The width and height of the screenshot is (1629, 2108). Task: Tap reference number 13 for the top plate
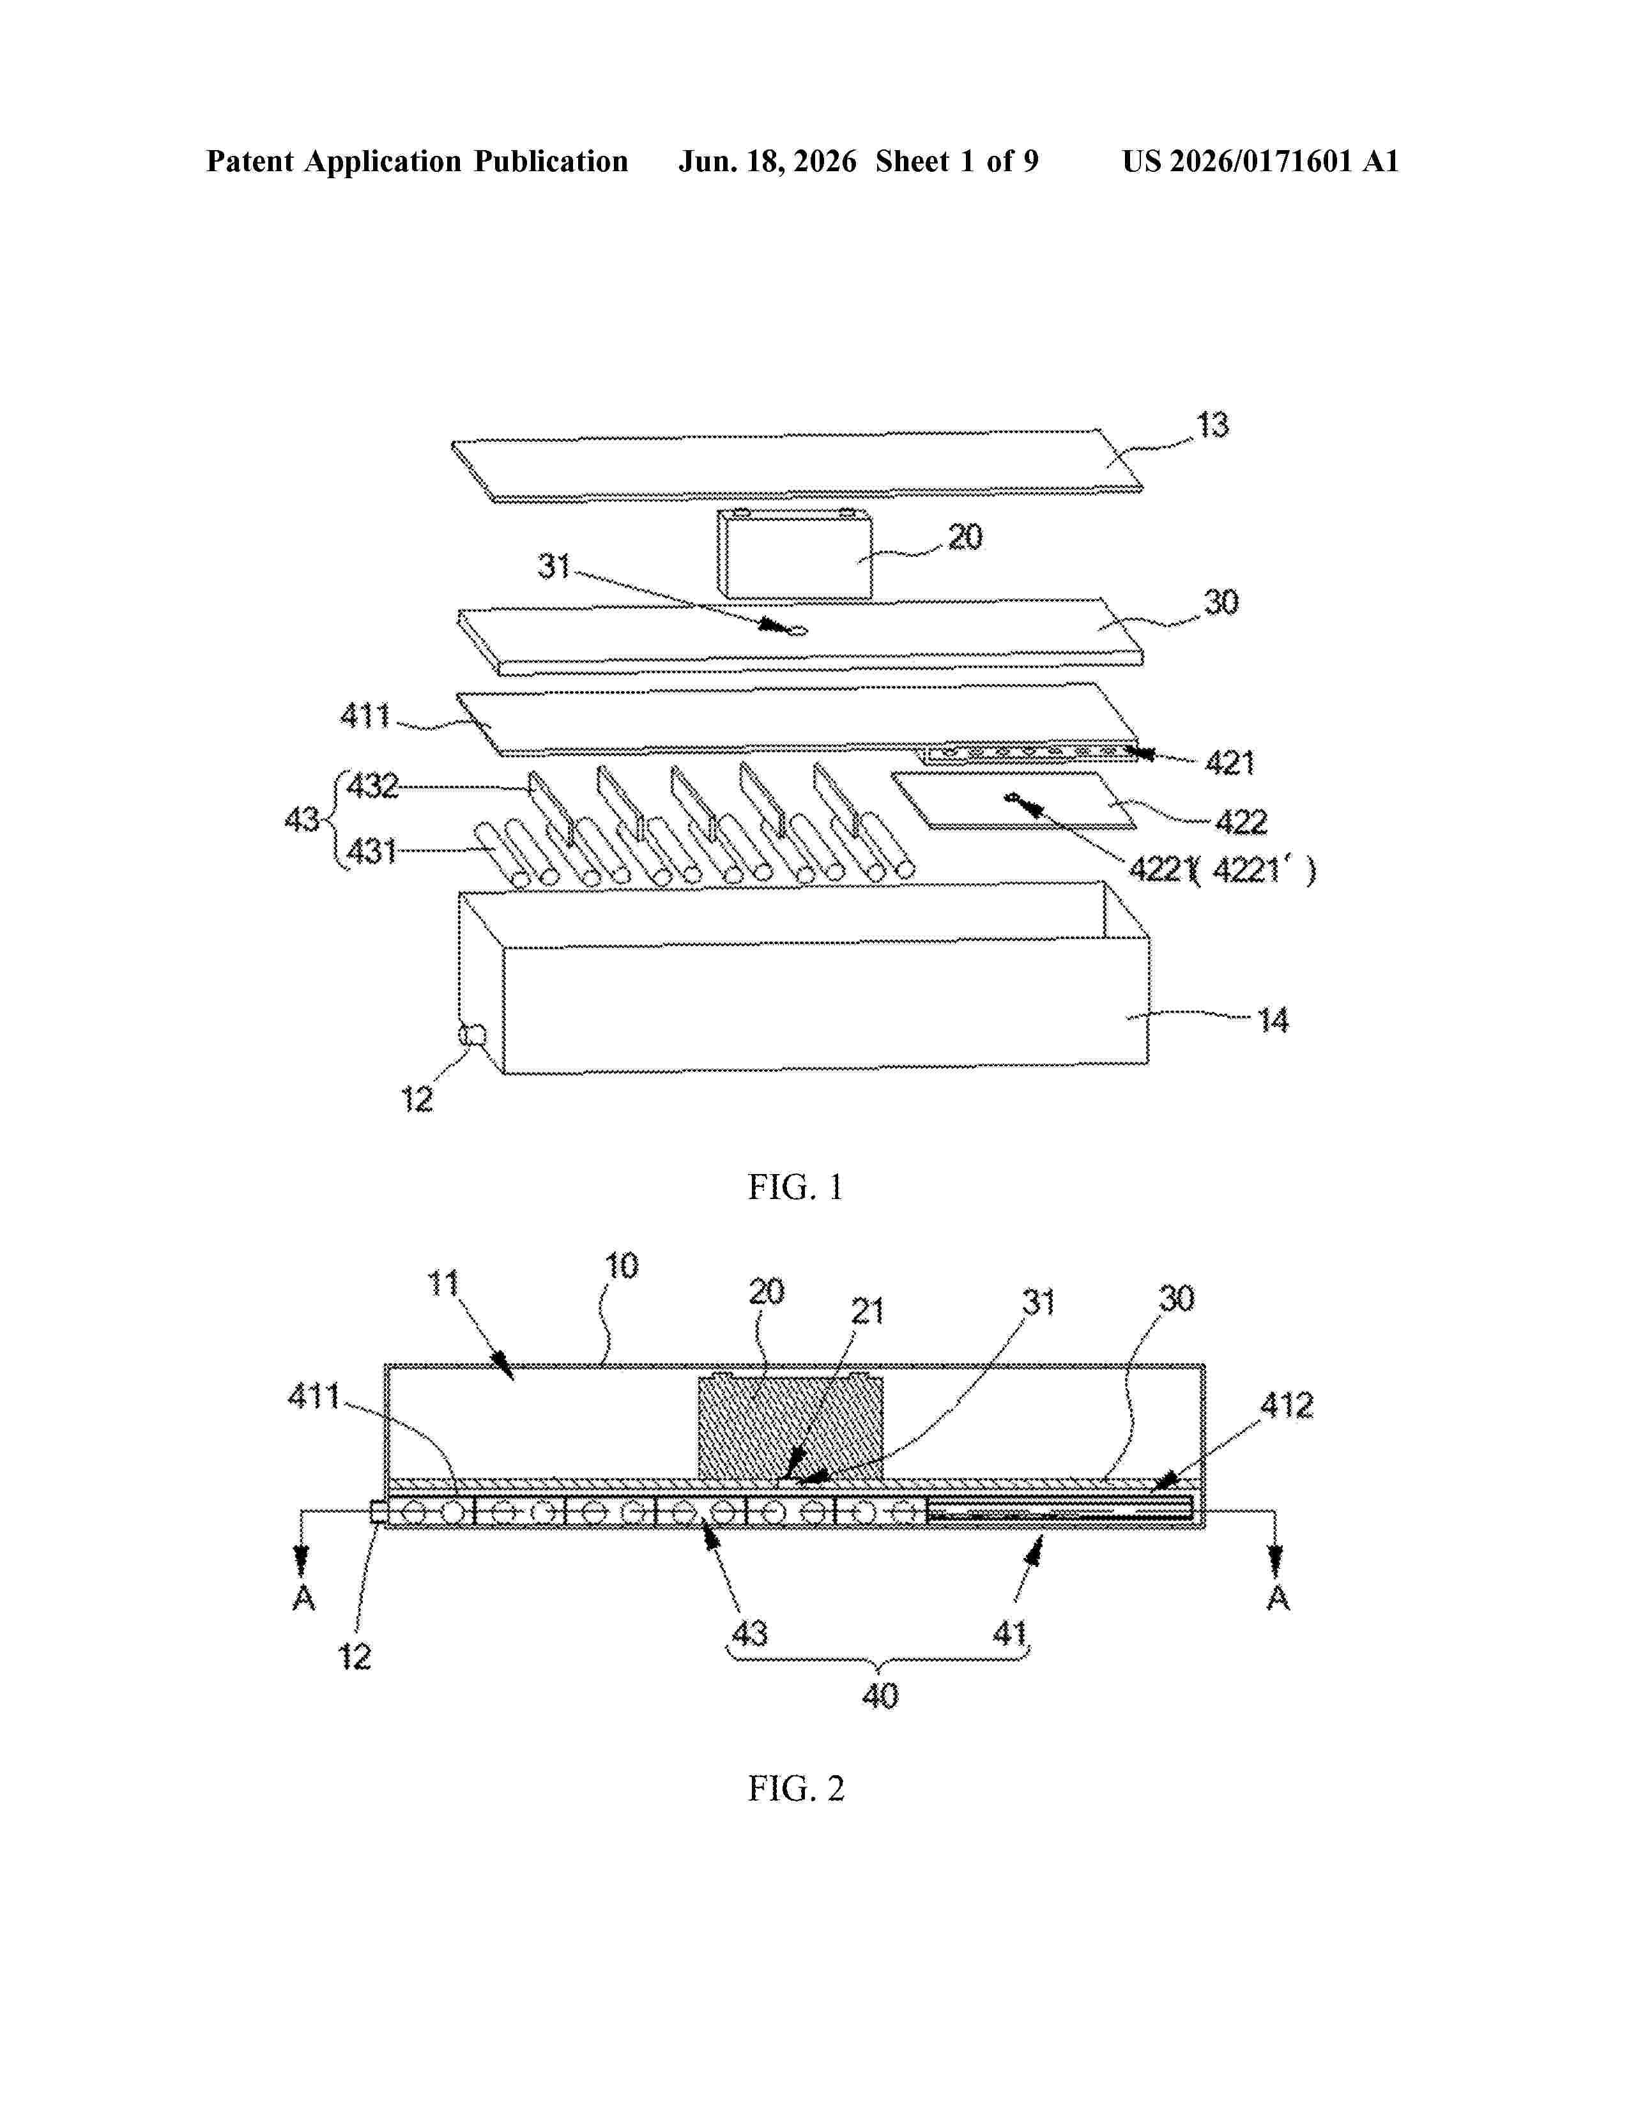(x=1212, y=425)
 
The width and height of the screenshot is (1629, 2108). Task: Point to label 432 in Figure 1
(x=372, y=786)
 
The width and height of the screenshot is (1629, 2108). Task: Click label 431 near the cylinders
(x=372, y=852)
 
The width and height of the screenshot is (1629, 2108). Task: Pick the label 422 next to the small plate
(x=1240, y=821)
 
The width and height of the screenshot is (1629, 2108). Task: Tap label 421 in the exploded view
(x=1230, y=763)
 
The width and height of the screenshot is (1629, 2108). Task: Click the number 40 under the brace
(x=879, y=1696)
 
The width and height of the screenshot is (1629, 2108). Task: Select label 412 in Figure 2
(x=1287, y=1405)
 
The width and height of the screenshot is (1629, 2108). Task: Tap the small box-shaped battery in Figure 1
(x=794, y=555)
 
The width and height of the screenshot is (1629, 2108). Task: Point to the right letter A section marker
(x=1278, y=1598)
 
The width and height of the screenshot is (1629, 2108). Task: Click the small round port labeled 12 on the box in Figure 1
(x=472, y=1035)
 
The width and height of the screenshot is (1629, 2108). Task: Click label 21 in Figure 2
(x=867, y=1311)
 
